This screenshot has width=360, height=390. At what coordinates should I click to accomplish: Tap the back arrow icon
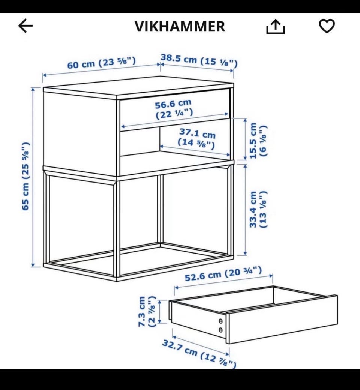pyautogui.click(x=25, y=26)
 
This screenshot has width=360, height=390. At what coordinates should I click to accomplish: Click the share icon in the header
pyautogui.click(x=275, y=27)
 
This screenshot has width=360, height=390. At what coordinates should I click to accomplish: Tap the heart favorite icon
pyautogui.click(x=327, y=26)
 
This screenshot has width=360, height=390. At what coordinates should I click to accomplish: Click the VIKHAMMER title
pyautogui.click(x=180, y=26)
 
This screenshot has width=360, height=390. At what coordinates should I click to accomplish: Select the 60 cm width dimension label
pyautogui.click(x=102, y=63)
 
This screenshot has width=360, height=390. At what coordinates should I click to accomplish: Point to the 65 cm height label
pyautogui.click(x=26, y=176)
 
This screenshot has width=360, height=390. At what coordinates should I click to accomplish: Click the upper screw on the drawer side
pyautogui.click(x=220, y=321)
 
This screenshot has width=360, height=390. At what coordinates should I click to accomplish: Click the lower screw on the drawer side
pyautogui.click(x=220, y=330)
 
